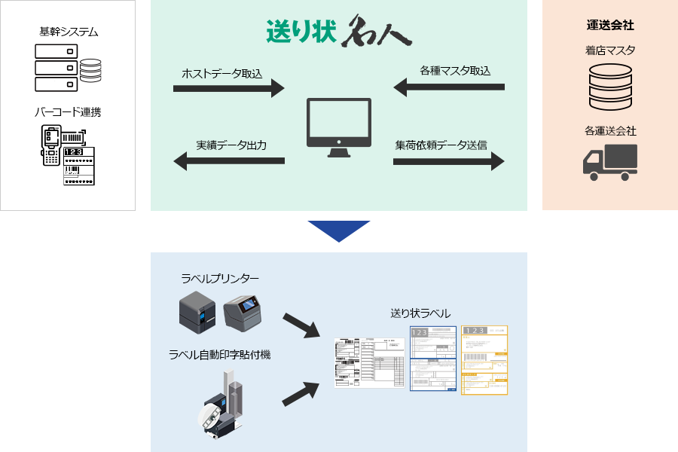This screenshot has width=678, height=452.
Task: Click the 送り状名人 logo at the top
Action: (x=338, y=29)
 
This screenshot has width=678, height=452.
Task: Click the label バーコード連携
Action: (x=68, y=112)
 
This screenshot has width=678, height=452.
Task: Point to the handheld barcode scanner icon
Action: (x=50, y=145)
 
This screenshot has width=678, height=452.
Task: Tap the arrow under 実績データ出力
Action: (x=229, y=160)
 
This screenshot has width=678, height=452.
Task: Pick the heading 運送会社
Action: (x=610, y=26)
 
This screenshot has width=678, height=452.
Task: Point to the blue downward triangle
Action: (x=339, y=231)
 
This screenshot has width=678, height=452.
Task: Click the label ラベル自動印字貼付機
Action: (x=220, y=354)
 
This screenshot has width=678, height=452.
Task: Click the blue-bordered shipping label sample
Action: (x=433, y=359)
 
